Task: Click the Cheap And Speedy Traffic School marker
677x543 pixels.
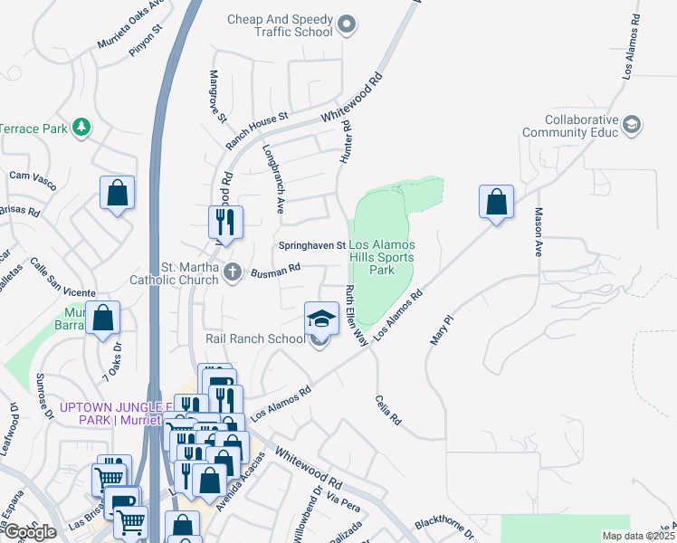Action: (x=348, y=26)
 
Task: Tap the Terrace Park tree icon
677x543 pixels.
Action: (x=81, y=128)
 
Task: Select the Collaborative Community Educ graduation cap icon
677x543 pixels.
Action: (x=632, y=124)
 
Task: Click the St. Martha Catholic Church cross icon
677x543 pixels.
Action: (x=233, y=271)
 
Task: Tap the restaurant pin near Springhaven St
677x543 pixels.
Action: (x=225, y=223)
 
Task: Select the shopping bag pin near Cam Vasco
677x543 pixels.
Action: (x=118, y=193)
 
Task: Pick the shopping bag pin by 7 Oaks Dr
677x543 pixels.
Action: (x=103, y=319)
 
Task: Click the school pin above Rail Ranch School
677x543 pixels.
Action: (x=321, y=319)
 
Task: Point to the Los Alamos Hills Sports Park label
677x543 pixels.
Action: (x=382, y=258)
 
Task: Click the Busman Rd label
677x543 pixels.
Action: (x=275, y=270)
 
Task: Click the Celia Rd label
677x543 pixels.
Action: (x=386, y=410)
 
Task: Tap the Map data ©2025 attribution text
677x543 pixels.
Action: (x=637, y=536)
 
